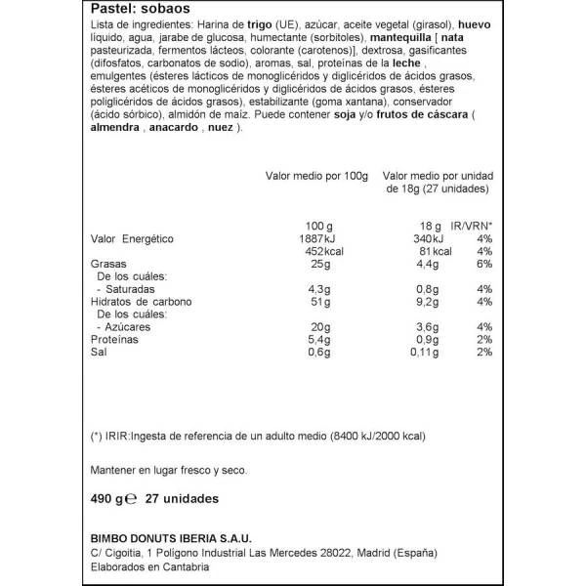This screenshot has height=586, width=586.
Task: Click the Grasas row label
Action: click(107, 263)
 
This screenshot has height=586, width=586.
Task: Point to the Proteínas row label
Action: click(114, 339)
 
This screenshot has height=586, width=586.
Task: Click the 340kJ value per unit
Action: click(427, 237)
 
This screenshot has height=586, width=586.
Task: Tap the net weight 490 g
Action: click(108, 498)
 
